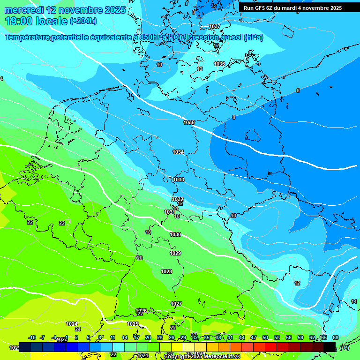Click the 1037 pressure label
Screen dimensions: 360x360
pyautogui.click(x=215, y=26)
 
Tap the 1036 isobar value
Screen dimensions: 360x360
pyautogui.click(x=219, y=64)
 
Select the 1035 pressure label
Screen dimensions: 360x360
pyautogui.click(x=189, y=122)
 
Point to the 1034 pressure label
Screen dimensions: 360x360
pyautogui.click(x=178, y=152)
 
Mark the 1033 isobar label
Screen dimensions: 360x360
pyautogui.click(x=179, y=180)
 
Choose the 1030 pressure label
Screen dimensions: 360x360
pyautogui.click(x=175, y=234)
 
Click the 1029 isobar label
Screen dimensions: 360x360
pyautogui.click(x=175, y=253)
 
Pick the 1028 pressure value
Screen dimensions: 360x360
pyautogui.click(x=166, y=271)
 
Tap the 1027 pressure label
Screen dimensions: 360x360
pyautogui.click(x=176, y=304)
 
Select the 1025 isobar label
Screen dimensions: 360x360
pyautogui.click(x=133, y=324)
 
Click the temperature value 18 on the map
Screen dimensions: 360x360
pyautogui.click(x=148, y=232)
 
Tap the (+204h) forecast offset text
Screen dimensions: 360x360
pyautogui.click(x=83, y=21)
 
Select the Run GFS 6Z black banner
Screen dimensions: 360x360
pyautogui.click(x=292, y=8)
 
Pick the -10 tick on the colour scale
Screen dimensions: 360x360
pyautogui.click(x=32, y=337)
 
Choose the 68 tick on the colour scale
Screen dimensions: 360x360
pyautogui.click(x=336, y=337)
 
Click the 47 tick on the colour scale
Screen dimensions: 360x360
pyautogui.click(x=254, y=337)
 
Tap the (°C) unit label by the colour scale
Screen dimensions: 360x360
pyautogui.click(x=344, y=347)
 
